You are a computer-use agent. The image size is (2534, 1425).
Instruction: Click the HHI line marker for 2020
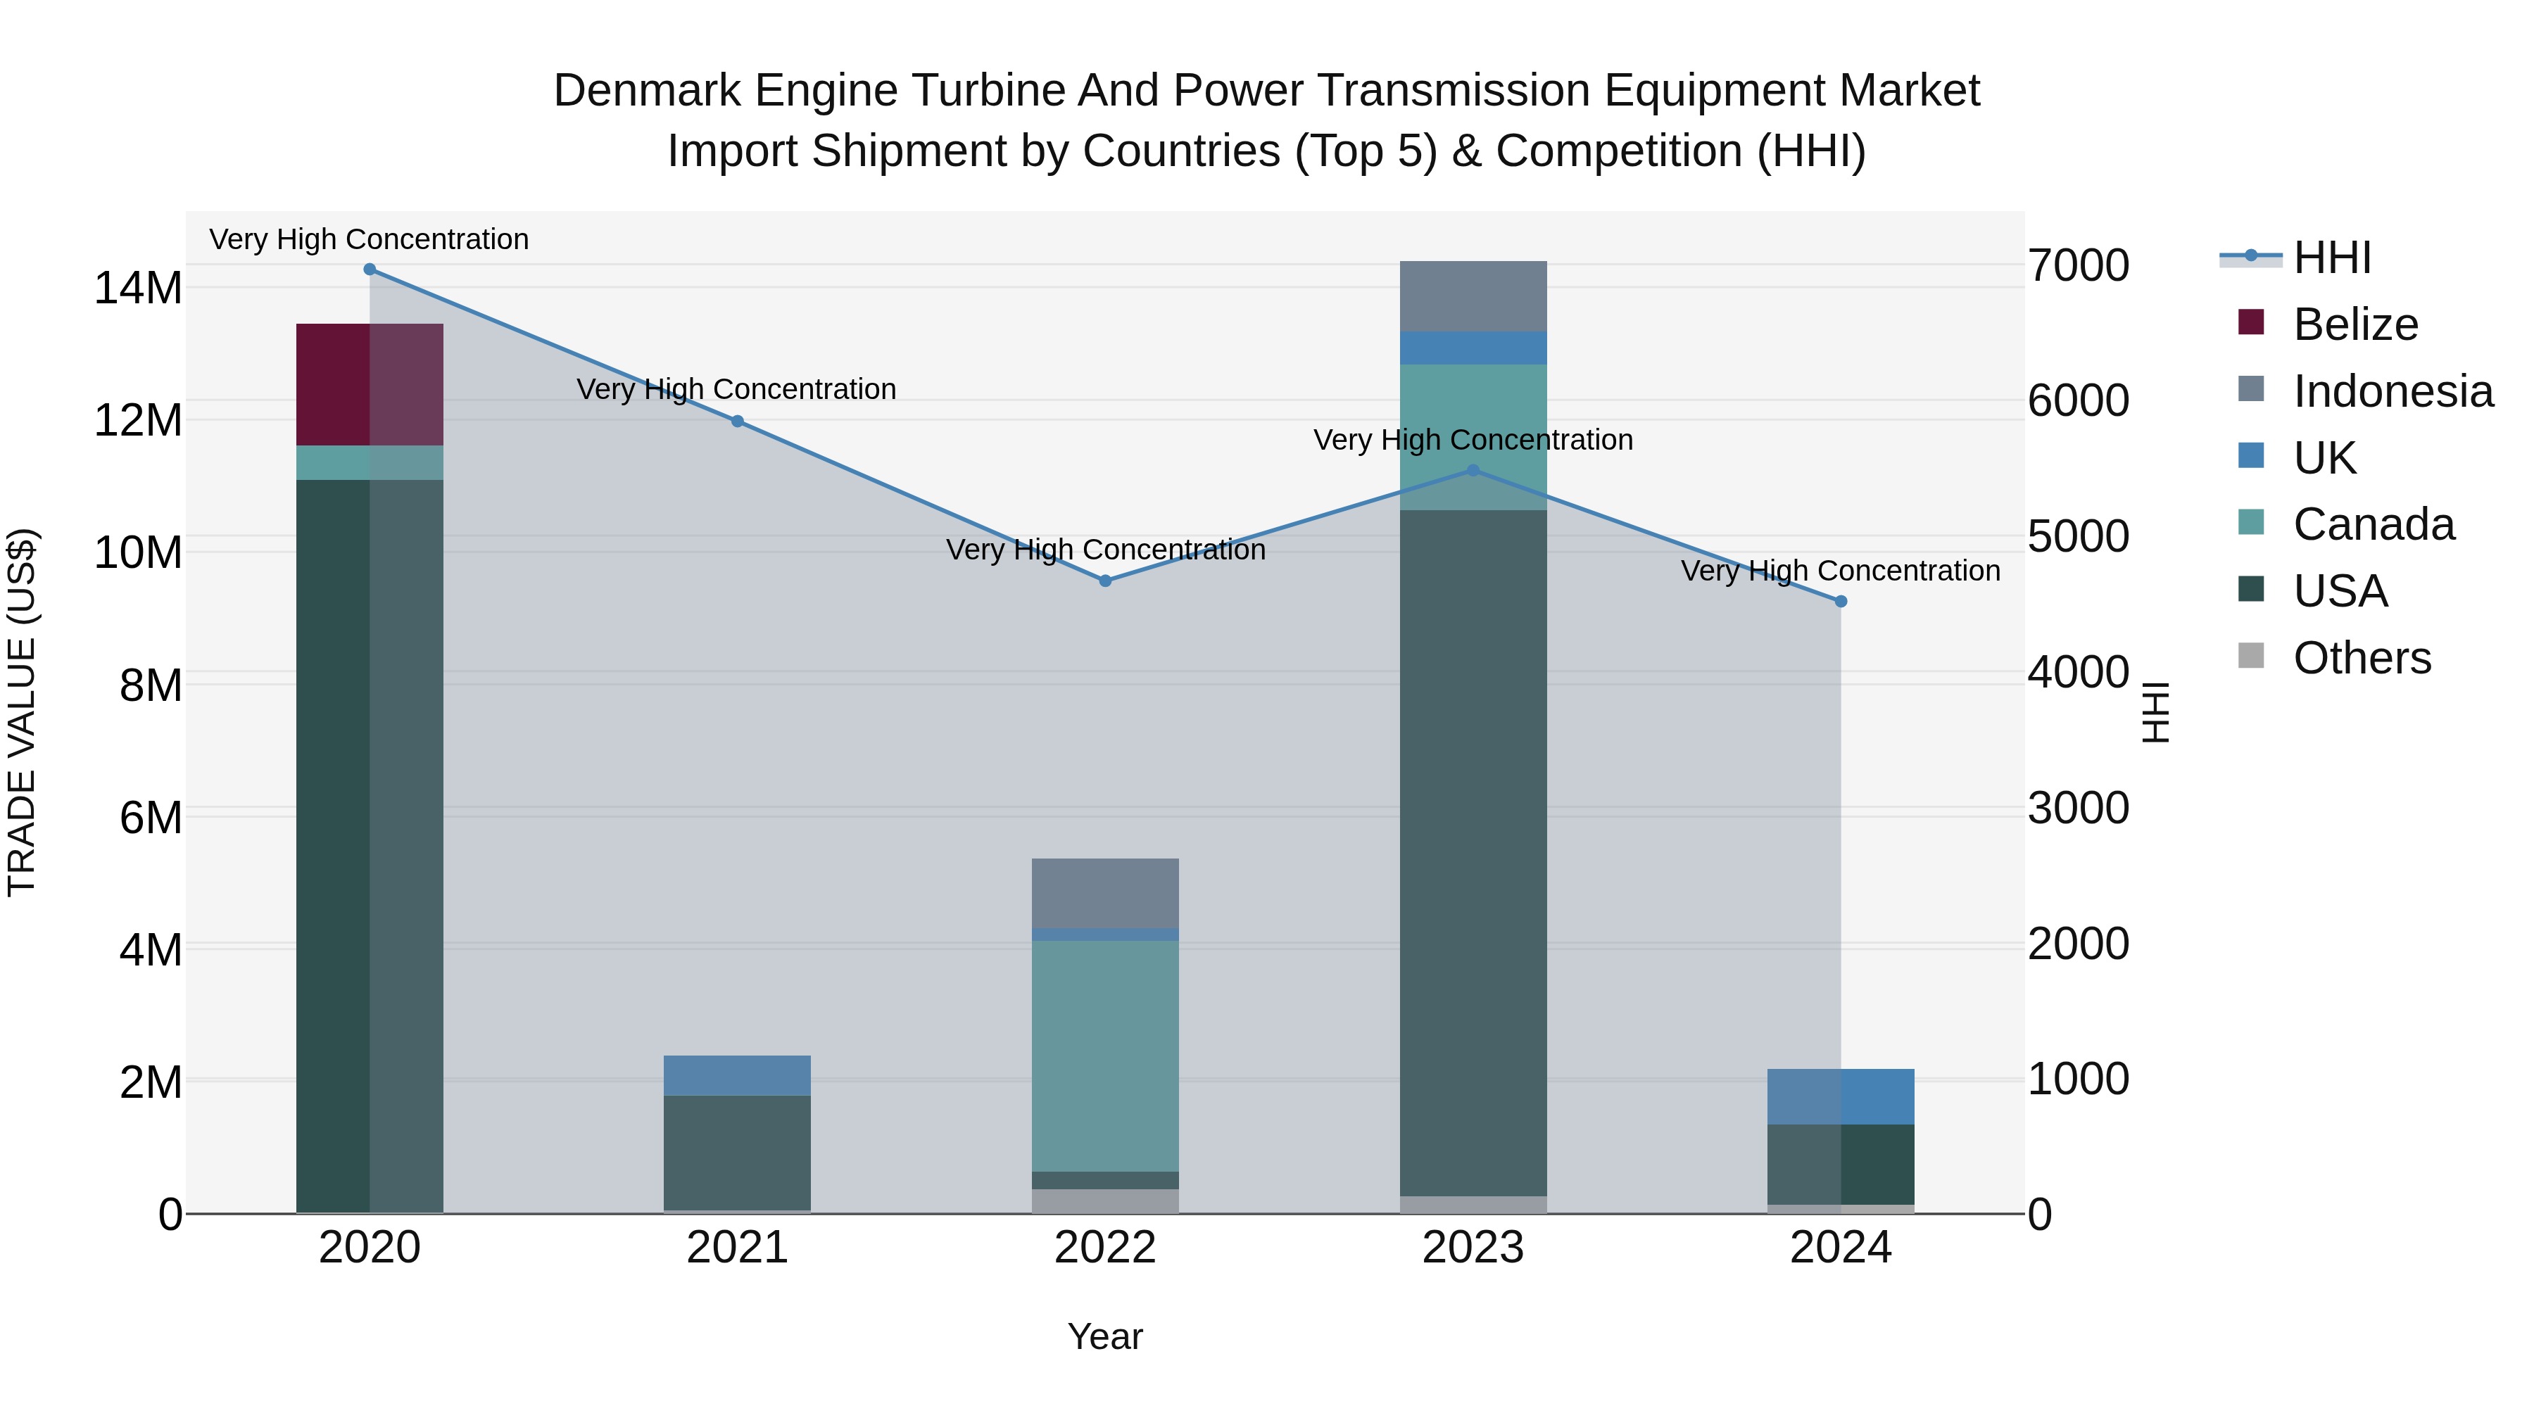click(370, 270)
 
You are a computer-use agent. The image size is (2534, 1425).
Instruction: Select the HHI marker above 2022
click(1104, 581)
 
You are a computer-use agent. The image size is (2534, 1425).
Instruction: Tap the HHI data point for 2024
click(1841, 602)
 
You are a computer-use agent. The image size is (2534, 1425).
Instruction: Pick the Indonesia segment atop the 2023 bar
click(1473, 296)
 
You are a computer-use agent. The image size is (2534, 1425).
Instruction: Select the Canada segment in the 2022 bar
click(1104, 1056)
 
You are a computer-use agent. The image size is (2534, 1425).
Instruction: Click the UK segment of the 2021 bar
click(737, 1076)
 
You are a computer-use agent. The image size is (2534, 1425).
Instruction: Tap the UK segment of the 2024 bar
click(1841, 1096)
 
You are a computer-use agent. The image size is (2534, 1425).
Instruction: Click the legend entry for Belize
click(2355, 324)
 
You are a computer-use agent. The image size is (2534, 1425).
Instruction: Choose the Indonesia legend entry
click(2393, 391)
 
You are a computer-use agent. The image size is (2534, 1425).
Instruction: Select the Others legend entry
click(2361, 658)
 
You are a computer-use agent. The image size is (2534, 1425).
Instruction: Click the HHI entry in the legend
click(2331, 258)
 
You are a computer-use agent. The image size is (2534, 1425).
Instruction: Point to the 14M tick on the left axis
click(138, 288)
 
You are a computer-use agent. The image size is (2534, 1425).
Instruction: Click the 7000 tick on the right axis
click(2079, 265)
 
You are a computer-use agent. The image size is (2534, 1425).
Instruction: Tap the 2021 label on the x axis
click(737, 1248)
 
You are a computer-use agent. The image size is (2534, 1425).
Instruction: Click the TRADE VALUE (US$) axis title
click(22, 712)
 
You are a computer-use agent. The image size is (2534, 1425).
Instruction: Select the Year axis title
click(1104, 1336)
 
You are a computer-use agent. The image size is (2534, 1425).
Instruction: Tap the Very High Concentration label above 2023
click(1473, 440)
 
